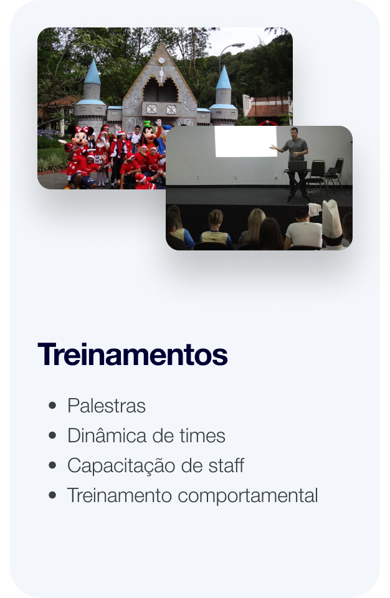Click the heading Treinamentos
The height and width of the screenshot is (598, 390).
click(133, 355)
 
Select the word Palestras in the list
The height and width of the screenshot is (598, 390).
click(107, 406)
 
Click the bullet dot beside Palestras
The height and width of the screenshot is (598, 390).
click(53, 406)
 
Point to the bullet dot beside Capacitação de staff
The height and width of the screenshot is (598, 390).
click(53, 465)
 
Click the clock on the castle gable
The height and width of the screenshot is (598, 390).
click(161, 60)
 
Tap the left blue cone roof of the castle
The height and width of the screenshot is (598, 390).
click(92, 72)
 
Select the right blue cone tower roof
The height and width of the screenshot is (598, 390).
click(224, 78)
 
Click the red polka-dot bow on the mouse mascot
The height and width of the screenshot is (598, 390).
click(82, 130)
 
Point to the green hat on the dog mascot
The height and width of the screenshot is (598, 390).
click(148, 124)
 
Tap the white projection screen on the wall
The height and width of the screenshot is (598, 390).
click(245, 141)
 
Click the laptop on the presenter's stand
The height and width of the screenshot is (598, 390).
click(298, 166)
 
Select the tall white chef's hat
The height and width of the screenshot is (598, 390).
click(331, 219)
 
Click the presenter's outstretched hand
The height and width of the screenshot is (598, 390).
click(272, 147)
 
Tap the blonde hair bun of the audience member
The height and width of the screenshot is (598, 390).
click(216, 217)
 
